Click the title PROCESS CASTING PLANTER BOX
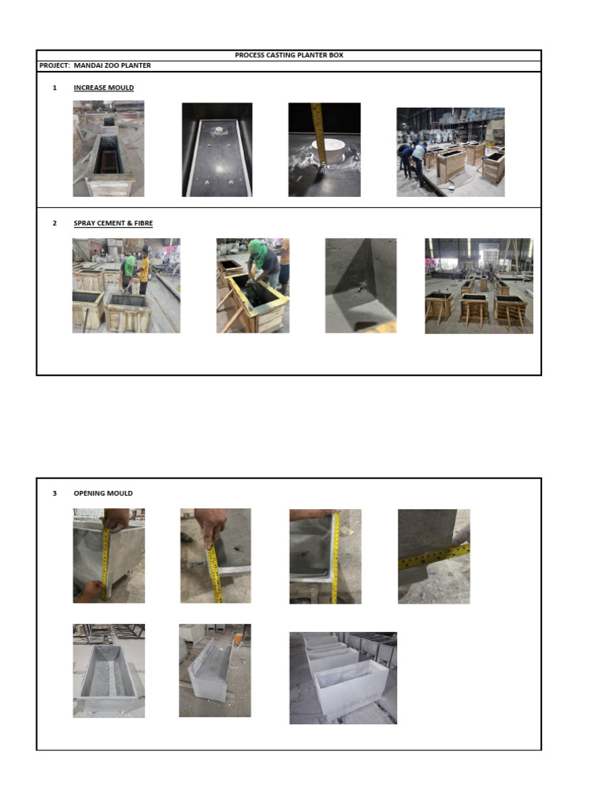tap(288, 55)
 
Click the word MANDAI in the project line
tap(86, 65)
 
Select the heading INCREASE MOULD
tap(103, 87)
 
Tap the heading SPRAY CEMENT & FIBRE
tap(113, 223)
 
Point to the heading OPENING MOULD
tap(103, 493)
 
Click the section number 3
tap(54, 493)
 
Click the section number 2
tap(54, 223)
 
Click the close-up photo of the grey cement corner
tap(361, 285)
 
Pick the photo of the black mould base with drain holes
tap(217, 150)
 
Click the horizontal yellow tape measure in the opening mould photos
tap(434, 557)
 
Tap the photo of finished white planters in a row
tap(343, 678)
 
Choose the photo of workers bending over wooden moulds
tap(451, 152)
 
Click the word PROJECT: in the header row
tap(54, 65)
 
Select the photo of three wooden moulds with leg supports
tap(479, 285)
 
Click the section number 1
tap(54, 87)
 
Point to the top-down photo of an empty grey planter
tap(109, 671)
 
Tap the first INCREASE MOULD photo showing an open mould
tap(109, 149)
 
